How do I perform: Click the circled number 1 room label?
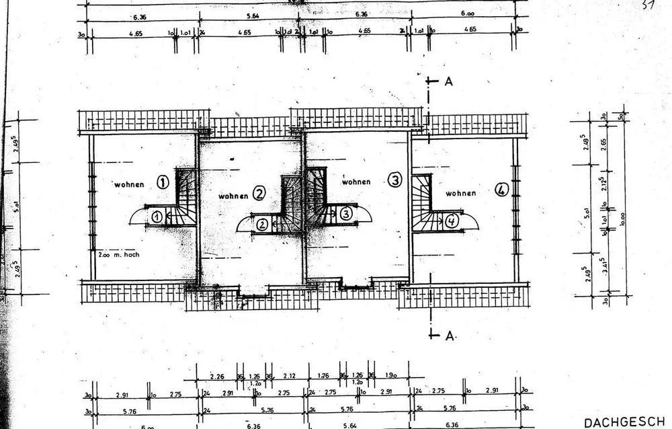click(162, 182)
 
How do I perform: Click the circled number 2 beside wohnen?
click(259, 195)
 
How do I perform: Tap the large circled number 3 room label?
click(394, 180)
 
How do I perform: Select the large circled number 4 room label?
click(500, 190)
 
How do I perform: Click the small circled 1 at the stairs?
click(156, 217)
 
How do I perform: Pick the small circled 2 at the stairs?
click(262, 225)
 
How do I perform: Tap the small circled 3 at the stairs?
click(345, 214)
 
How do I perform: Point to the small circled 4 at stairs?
click(451, 219)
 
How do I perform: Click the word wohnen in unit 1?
click(128, 184)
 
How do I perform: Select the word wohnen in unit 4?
click(460, 193)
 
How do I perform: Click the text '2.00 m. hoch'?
click(118, 256)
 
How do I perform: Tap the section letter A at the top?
click(448, 81)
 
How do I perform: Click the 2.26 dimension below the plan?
click(216, 376)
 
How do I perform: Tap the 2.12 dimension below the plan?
click(289, 376)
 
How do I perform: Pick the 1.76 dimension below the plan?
click(323, 376)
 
